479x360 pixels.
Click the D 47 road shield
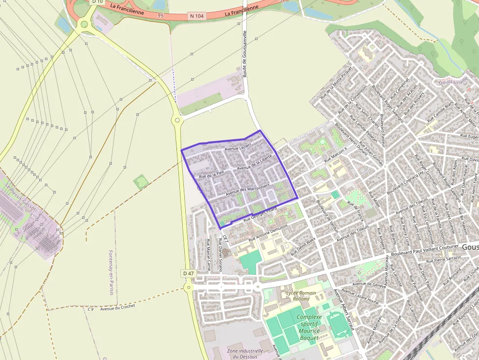pyautogui.click(x=189, y=273)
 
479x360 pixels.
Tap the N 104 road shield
pyautogui.click(x=196, y=16)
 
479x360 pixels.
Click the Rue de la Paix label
pyautogui.click(x=211, y=173)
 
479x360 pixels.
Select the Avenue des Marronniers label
pyautogui.click(x=248, y=190)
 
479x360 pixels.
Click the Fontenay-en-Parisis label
pyautogui.click(x=110, y=273)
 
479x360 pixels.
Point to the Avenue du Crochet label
pyautogui.click(x=117, y=308)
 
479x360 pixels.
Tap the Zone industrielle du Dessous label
pyautogui.click(x=245, y=354)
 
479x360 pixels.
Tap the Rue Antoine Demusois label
pyautogui.click(x=268, y=234)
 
